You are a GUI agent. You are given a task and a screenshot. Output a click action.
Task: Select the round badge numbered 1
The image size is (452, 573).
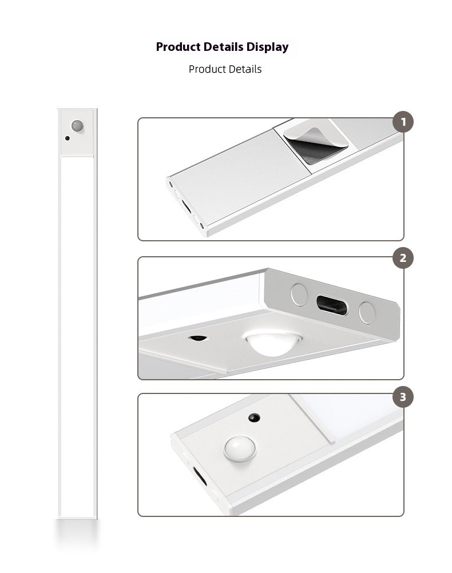click(403, 122)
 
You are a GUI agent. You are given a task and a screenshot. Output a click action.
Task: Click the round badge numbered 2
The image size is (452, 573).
click(403, 258)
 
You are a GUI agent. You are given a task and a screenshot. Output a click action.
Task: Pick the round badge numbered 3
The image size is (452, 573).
click(403, 397)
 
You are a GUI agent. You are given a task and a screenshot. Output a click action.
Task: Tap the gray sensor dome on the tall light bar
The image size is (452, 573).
click(77, 125)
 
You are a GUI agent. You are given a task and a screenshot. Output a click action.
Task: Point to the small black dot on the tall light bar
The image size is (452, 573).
click(68, 138)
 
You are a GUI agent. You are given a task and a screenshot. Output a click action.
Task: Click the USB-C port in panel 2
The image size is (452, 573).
click(331, 305)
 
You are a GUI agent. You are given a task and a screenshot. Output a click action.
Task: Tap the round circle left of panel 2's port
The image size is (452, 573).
click(299, 294)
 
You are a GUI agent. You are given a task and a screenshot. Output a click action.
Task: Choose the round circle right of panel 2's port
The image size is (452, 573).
click(366, 312)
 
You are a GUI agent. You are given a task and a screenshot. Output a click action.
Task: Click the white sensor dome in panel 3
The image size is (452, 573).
click(240, 448)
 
